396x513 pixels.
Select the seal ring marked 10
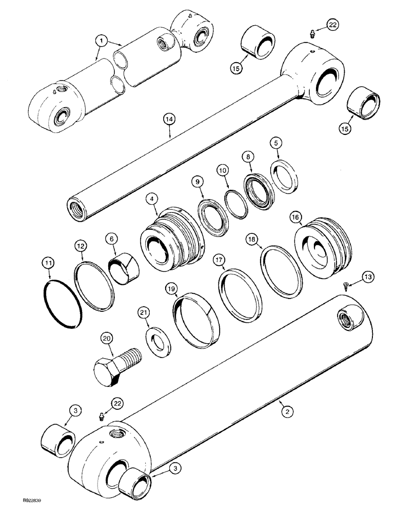[x=234, y=198]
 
